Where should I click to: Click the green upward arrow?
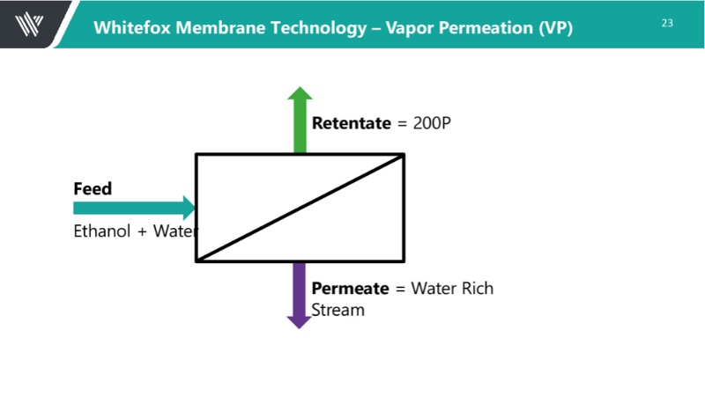tap(301, 120)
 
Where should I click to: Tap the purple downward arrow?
tap(300, 295)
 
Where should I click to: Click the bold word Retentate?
tap(351, 123)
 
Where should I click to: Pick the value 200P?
tap(432, 123)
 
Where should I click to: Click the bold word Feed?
tap(92, 189)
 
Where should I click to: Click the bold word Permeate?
tap(350, 289)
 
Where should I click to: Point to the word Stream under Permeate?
tap(338, 310)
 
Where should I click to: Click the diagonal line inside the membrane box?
tap(300, 208)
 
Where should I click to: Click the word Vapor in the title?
tap(407, 27)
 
